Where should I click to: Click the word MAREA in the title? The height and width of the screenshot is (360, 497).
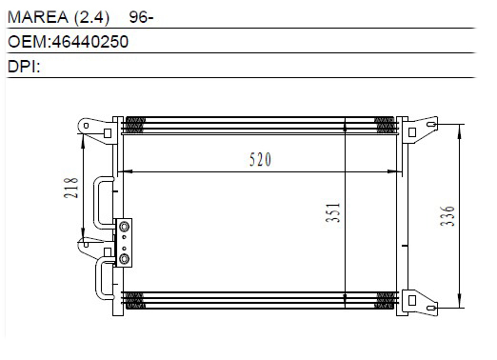38,17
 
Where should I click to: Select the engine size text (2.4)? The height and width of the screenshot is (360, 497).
91,17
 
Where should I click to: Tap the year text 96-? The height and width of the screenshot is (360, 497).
141,17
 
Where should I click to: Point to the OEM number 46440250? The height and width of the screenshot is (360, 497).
90,42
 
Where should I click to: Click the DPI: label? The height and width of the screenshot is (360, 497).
24,67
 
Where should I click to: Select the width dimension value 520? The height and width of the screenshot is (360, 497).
260,159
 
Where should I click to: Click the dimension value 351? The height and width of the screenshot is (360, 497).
333,212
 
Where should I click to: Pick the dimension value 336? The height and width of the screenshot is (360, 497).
447,216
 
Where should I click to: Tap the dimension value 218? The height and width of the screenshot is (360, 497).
70,188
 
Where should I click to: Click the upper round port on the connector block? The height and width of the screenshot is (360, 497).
124,227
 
